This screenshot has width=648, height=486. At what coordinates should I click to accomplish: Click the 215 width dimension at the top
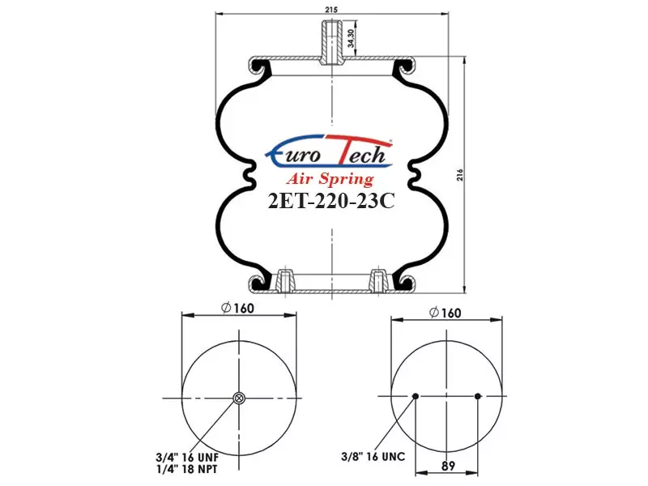[x=331, y=10]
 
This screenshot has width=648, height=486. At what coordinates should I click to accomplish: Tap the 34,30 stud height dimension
[x=351, y=38]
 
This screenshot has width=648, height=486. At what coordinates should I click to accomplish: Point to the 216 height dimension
[x=460, y=175]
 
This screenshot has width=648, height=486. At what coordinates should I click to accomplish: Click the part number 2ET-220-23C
[x=331, y=201]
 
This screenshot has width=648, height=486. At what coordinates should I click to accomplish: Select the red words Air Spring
[x=330, y=179]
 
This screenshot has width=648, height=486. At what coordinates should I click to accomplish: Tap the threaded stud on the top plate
[x=331, y=43]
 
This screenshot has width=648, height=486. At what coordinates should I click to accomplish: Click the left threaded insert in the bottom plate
[x=284, y=280]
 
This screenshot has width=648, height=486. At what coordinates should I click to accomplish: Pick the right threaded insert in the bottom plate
[x=378, y=280]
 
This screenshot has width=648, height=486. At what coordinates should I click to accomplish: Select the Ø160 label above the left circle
[x=237, y=309]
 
